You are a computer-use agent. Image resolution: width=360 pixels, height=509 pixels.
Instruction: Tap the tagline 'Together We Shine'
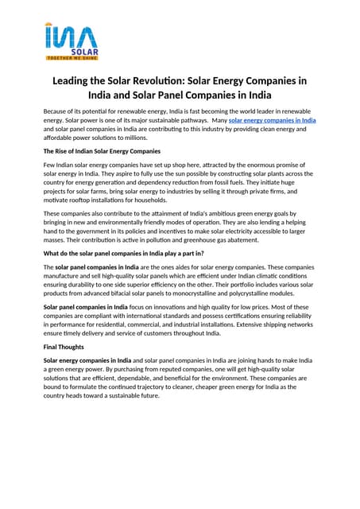pyautogui.click(x=72, y=59)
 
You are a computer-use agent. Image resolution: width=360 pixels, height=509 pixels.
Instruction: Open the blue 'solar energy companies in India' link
pyautogui.click(x=272, y=120)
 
